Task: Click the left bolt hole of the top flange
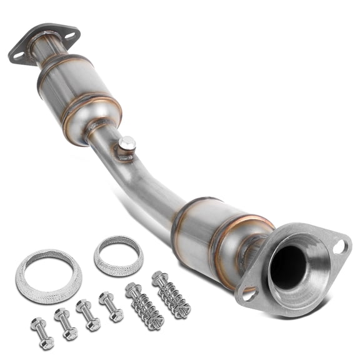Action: [x=18, y=55]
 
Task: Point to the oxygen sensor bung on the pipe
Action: [x=127, y=145]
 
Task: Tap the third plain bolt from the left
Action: [x=88, y=315]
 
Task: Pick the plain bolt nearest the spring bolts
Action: [x=111, y=307]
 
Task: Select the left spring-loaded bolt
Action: [x=144, y=307]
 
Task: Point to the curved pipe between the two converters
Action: [x=144, y=181]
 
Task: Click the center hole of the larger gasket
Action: [x=48, y=276]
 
